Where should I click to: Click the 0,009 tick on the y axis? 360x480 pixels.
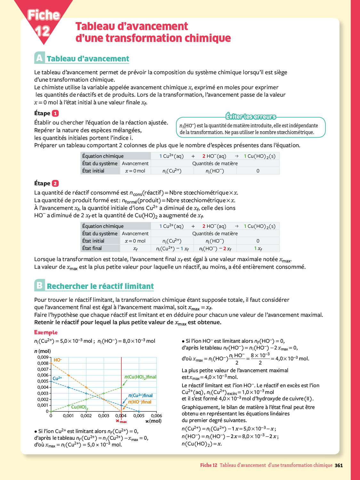[43, 357]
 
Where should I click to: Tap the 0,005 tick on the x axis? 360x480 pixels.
[139, 416]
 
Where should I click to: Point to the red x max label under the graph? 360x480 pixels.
[121, 421]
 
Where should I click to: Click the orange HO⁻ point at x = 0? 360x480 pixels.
[51, 363]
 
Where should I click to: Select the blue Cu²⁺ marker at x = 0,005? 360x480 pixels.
[139, 411]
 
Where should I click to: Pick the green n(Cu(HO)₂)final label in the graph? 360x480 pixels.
[140, 377]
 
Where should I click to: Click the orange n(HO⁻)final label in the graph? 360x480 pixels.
[140, 402]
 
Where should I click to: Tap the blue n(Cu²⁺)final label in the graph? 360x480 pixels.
[140, 396]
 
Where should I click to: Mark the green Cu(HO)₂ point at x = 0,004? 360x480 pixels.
[121, 387]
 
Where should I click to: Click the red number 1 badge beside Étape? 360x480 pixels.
[55, 113]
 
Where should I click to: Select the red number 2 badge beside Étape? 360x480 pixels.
[55, 183]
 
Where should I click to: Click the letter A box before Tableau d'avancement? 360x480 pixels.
[39, 58]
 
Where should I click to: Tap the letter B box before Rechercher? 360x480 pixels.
[39, 285]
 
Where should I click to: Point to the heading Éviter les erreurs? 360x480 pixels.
[251, 116]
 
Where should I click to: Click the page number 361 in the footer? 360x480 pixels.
[339, 465]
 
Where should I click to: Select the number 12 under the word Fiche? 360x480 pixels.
[42, 31]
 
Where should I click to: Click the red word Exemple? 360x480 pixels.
[46, 332]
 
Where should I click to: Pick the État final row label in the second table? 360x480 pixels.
[92, 248]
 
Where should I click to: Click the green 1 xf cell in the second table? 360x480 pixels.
[258, 249]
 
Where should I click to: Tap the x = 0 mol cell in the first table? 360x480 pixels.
[135, 171]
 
